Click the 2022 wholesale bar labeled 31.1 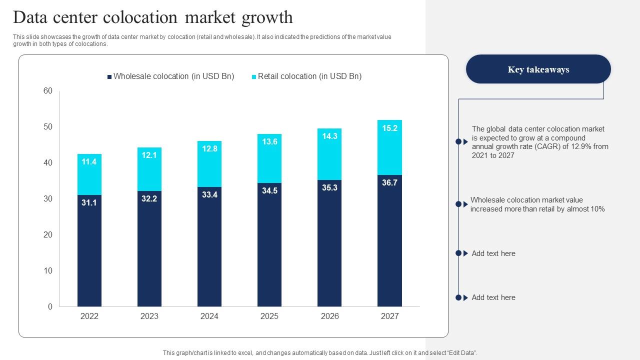pyautogui.click(x=89, y=250)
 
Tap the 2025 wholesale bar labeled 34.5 pyautogui.click(x=269, y=245)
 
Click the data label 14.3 pyautogui.click(x=329, y=136)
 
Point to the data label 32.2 pyautogui.click(x=149, y=198)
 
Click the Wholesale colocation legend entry pyautogui.click(x=170, y=76)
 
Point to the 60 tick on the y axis pyautogui.click(x=48, y=90)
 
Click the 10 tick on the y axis pyautogui.click(x=48, y=270)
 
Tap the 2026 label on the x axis pyautogui.click(x=329, y=316)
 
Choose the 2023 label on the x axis pyautogui.click(x=149, y=316)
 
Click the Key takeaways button pyautogui.click(x=538, y=69)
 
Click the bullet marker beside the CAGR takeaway pyautogui.click(x=458, y=142)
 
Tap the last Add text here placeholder pyautogui.click(x=493, y=297)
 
